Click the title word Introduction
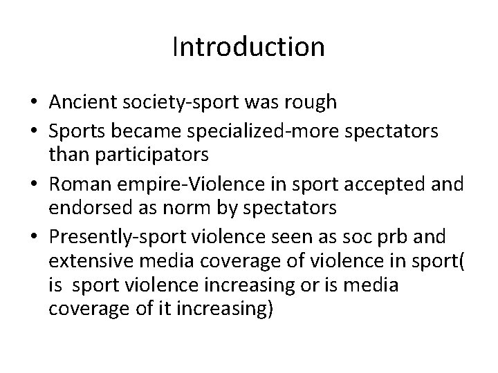click(248, 47)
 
